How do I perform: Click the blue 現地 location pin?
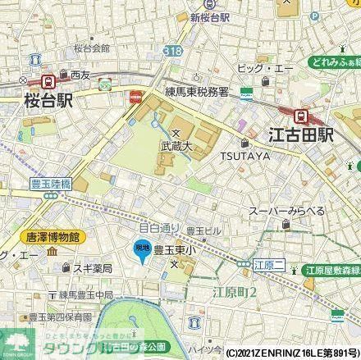point(144,250)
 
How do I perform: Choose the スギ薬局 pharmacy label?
point(73,268)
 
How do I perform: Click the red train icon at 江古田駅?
point(300,116)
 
